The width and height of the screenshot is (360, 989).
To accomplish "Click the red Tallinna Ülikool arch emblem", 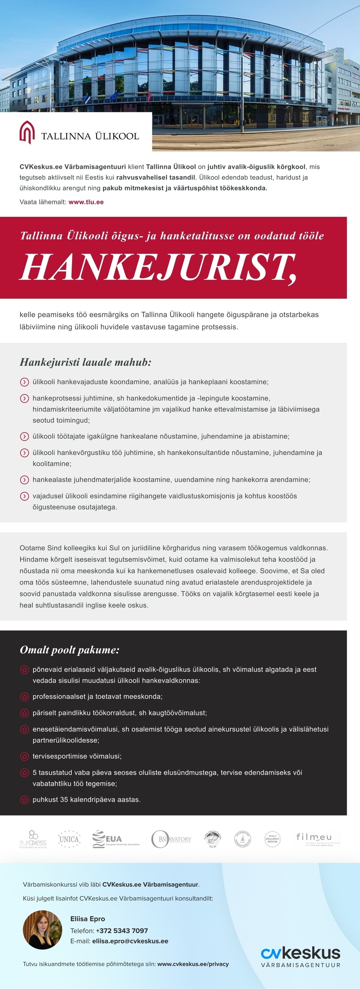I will [x=27, y=132].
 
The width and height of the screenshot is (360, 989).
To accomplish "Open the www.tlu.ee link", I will [x=86, y=202].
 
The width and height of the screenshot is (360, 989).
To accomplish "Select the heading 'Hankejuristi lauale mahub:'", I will [x=85, y=362].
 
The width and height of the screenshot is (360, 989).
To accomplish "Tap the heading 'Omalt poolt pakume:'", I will [x=70, y=650].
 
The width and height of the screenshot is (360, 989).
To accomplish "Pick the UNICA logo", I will [x=69, y=839].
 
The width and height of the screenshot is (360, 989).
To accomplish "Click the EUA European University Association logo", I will [x=115, y=839].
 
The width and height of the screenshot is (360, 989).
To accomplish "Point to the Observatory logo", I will [x=171, y=839].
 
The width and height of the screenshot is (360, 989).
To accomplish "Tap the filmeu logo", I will [x=317, y=838].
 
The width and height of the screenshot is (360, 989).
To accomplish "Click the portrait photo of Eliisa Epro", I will [x=42, y=930].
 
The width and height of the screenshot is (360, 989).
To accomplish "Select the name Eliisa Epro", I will [x=88, y=919].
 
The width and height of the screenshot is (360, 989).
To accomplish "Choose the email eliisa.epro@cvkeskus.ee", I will [x=130, y=941].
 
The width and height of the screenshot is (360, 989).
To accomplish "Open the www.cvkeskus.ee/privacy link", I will [x=193, y=964].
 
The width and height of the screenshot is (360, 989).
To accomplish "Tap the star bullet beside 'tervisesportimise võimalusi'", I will [x=24, y=756].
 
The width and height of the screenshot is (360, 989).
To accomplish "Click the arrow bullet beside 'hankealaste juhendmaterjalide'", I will [x=24, y=480].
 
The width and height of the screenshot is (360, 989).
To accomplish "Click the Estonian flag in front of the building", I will [x=87, y=97].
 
